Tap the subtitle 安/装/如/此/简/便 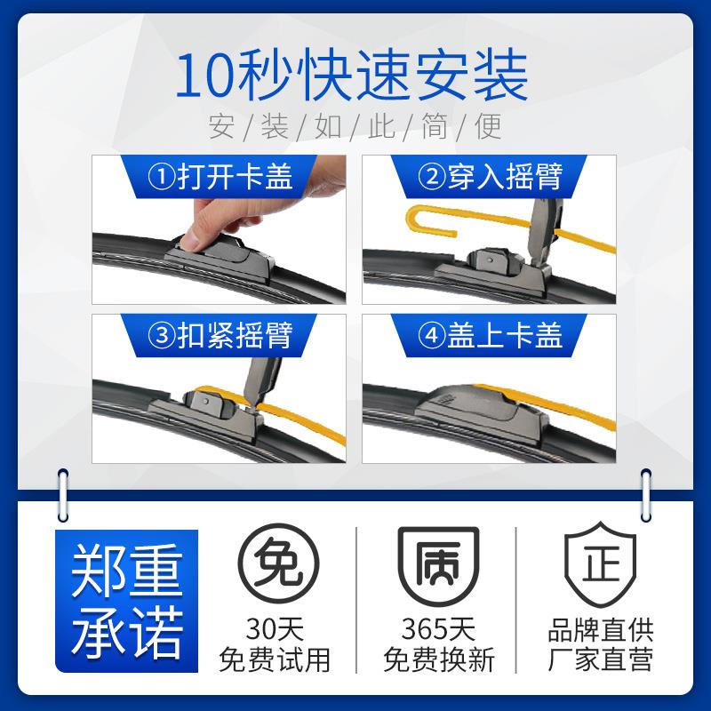[x=355, y=127]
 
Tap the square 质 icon [x=437, y=569]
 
